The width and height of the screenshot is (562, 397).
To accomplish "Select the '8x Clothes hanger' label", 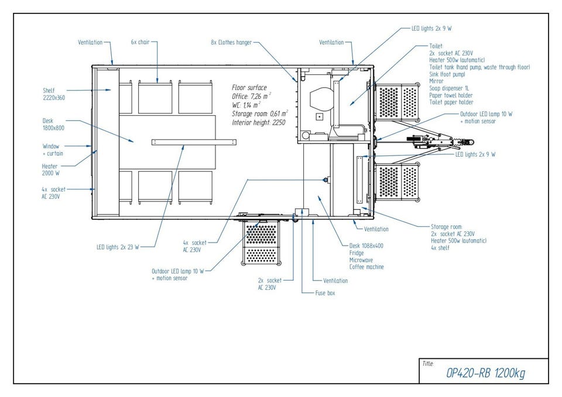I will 232,43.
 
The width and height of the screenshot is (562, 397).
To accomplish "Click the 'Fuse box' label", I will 325,292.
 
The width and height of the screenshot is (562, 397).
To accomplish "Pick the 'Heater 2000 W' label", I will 52,170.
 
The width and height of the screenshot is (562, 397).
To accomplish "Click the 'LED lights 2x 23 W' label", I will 118,247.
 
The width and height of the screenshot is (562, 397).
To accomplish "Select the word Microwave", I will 361,260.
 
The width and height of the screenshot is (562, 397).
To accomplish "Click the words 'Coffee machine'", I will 366,267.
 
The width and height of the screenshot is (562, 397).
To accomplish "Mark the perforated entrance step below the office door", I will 261,243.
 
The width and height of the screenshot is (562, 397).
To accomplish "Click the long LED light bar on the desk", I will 193,141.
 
